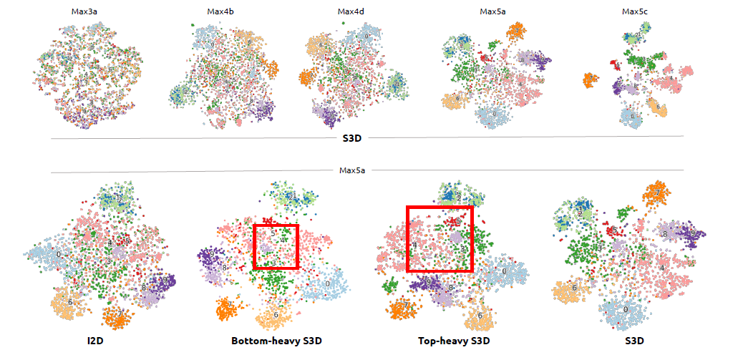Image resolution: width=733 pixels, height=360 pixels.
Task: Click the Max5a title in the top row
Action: (492, 11)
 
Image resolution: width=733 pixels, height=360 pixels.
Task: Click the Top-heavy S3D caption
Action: (452, 341)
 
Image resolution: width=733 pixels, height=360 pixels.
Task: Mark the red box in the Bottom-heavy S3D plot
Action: (276, 246)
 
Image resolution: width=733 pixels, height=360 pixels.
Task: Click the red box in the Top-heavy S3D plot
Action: (440, 239)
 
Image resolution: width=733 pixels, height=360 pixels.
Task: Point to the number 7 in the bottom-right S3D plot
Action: (656, 193)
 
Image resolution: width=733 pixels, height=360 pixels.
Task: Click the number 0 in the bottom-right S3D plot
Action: (626, 309)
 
